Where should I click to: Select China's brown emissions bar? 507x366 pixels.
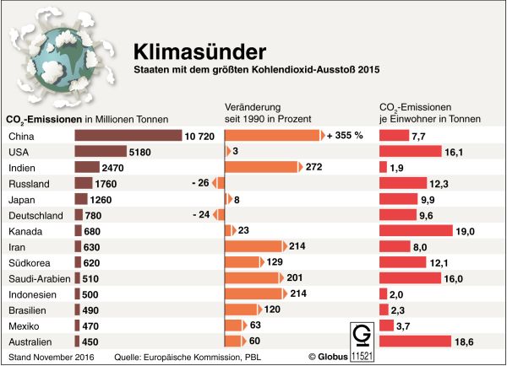coord(128,135)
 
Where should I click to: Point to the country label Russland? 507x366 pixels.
coord(27,183)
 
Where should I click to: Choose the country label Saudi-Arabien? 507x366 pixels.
coord(37,278)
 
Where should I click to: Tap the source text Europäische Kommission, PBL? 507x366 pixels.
coord(198,357)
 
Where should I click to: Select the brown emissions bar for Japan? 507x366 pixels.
coord(81,199)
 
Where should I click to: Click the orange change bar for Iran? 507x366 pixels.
coord(254,246)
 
